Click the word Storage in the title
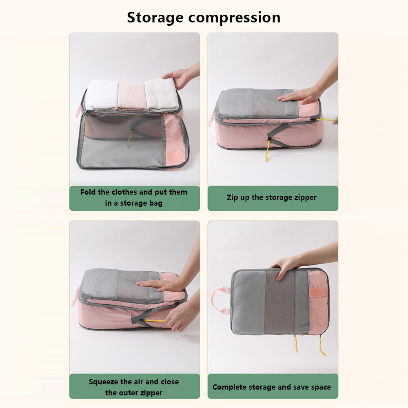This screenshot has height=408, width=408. [155, 18]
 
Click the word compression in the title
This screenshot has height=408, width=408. [235, 18]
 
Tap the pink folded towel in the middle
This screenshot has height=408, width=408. [132, 96]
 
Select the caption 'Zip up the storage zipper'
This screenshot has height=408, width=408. [272, 197]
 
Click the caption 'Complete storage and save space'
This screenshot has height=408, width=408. [272, 387]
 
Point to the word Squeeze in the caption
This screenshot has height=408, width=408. [103, 382]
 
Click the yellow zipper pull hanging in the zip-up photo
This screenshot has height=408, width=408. [268, 151]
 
